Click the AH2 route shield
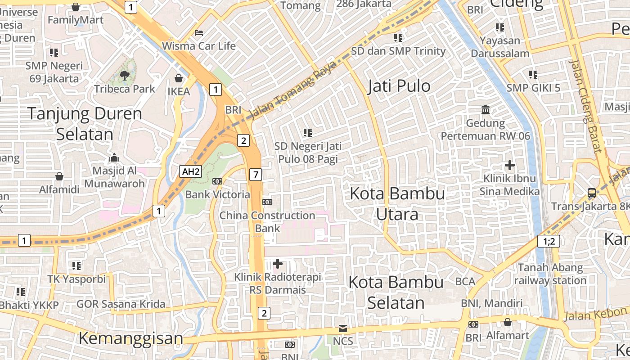(x=190, y=171)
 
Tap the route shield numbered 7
(x=255, y=174)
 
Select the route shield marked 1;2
(x=549, y=242)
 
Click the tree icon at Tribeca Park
(x=125, y=76)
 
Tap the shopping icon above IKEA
(x=179, y=79)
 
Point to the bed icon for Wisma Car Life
(x=199, y=33)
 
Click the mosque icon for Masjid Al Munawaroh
(x=114, y=157)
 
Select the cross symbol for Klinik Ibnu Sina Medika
(x=509, y=166)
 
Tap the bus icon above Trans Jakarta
(x=592, y=193)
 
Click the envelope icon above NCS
(x=343, y=328)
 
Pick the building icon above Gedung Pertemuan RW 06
(x=486, y=110)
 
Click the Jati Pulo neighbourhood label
(x=399, y=86)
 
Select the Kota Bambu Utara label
(x=397, y=204)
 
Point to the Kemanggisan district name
(x=131, y=338)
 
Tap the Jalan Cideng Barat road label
(x=585, y=106)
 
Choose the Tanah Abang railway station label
(x=550, y=274)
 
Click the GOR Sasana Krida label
(x=121, y=304)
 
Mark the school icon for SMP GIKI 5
(x=533, y=74)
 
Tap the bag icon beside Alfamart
(x=508, y=322)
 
